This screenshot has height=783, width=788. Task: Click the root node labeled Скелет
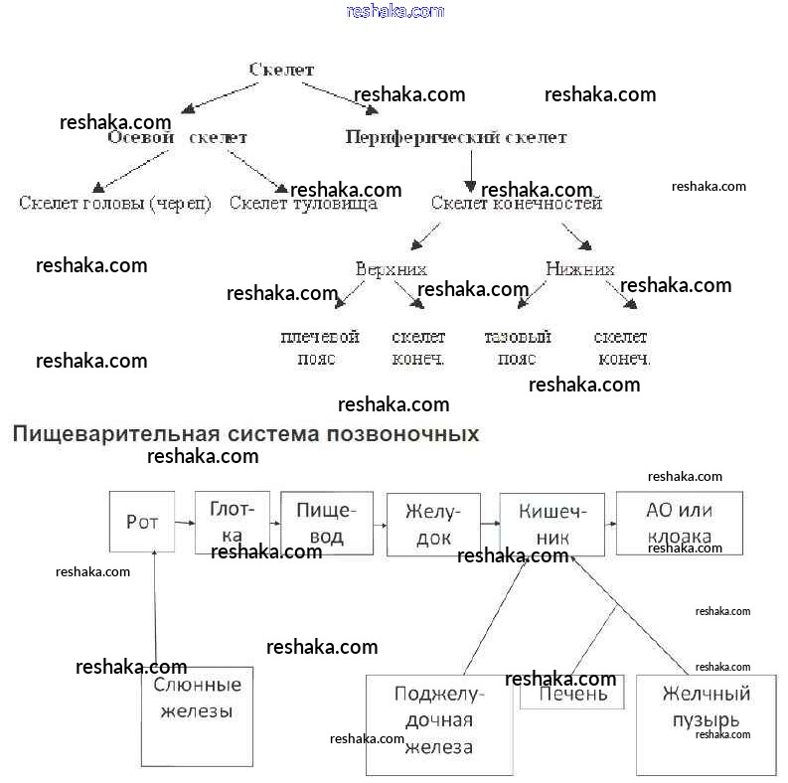[x=281, y=70]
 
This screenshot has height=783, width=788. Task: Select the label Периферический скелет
[x=456, y=137]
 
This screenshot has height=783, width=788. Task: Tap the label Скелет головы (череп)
[x=115, y=204]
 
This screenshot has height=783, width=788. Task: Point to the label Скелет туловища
[x=303, y=204]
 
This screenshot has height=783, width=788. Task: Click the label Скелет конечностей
[x=517, y=204]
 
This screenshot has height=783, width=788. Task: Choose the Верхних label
[x=392, y=269]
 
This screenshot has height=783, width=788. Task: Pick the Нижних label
[x=580, y=269]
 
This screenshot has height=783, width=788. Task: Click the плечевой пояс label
[x=319, y=348]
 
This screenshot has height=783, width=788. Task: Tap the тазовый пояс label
[x=517, y=348]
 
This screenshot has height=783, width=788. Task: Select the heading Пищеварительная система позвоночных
[x=245, y=434]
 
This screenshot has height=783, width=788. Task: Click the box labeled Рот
[x=142, y=522]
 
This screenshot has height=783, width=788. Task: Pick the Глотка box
[x=233, y=522]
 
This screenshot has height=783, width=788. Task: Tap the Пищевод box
[x=327, y=523]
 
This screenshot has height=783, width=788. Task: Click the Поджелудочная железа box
[x=438, y=725]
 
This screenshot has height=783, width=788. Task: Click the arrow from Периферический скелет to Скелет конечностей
[x=470, y=168]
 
